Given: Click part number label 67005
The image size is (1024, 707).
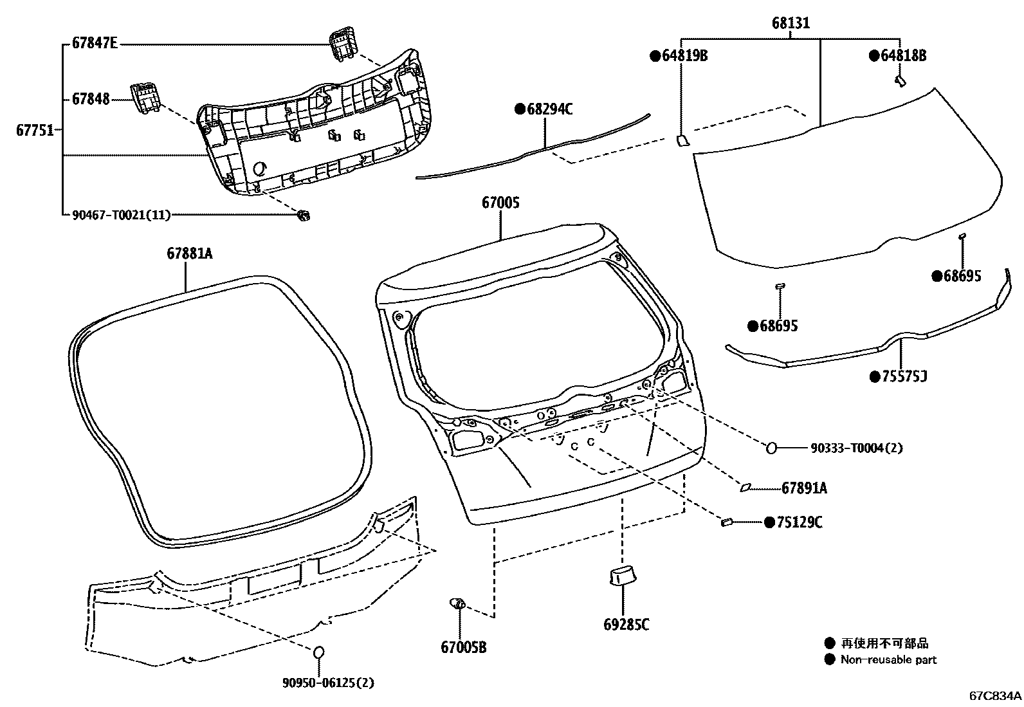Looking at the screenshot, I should [500, 203].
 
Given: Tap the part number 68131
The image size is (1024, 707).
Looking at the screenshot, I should [791, 24].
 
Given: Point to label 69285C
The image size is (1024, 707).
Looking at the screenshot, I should [626, 625].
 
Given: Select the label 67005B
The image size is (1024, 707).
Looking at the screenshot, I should [463, 647].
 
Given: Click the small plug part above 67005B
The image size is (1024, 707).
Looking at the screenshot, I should [458, 603].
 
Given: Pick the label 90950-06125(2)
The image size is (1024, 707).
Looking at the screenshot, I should [328, 683].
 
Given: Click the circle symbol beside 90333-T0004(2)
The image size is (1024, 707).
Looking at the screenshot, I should [772, 448].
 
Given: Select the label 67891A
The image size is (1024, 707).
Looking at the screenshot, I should [804, 489].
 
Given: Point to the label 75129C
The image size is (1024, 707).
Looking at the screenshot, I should [799, 522].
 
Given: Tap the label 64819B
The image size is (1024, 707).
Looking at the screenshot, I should [684, 56].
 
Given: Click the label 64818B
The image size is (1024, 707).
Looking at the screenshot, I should [903, 56].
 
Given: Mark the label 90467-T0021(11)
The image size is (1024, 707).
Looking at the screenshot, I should [121, 216].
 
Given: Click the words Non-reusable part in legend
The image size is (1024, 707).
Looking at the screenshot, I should [888, 659].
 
